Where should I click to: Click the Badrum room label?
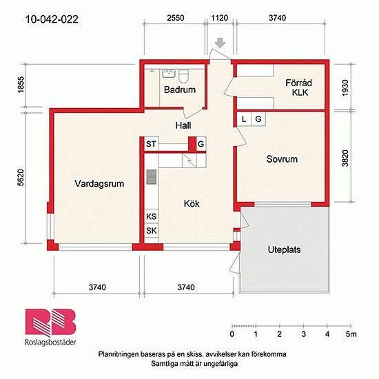[x=180, y=90]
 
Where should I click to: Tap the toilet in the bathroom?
[x=183, y=75]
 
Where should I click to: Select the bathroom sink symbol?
[x=169, y=73]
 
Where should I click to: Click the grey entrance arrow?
[x=221, y=43]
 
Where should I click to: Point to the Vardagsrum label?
[x=99, y=183]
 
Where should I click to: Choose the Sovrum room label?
[x=282, y=159]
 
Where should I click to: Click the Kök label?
[x=192, y=203]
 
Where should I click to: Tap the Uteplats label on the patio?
[x=284, y=249]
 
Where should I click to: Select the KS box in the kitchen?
[x=152, y=216]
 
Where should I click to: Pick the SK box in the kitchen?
[x=152, y=231]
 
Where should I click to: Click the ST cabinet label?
[x=152, y=144]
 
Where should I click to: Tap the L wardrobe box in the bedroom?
[x=244, y=119]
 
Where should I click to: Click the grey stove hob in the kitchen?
[x=152, y=177]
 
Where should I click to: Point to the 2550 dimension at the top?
[x=176, y=18]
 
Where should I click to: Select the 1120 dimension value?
[x=219, y=18]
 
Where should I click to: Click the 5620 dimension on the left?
[x=21, y=178]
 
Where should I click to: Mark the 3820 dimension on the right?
[x=345, y=158]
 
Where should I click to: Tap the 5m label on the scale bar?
[x=351, y=334]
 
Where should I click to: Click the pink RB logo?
[x=50, y=322]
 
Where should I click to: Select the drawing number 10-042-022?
[x=52, y=19]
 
